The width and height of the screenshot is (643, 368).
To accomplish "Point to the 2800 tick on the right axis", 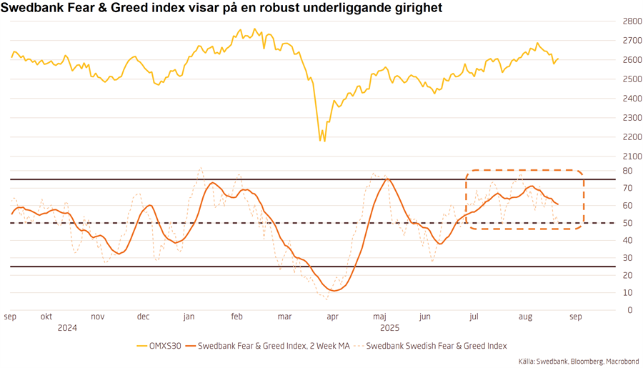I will (631, 21).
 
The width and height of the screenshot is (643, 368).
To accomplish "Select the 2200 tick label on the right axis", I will (631, 137).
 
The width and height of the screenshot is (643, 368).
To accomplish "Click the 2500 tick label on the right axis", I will (631, 79).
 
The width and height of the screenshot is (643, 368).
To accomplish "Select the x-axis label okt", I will (46, 317).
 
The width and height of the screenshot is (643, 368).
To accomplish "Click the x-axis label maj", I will (380, 317).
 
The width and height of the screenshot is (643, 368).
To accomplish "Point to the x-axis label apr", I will (332, 317).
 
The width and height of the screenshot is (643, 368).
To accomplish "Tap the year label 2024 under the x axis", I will (67, 328).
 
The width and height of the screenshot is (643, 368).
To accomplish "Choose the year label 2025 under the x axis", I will (389, 328).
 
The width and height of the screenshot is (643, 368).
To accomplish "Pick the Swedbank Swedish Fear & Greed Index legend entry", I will (436, 346).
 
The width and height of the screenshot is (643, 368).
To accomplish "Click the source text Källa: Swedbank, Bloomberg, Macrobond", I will (579, 362).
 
